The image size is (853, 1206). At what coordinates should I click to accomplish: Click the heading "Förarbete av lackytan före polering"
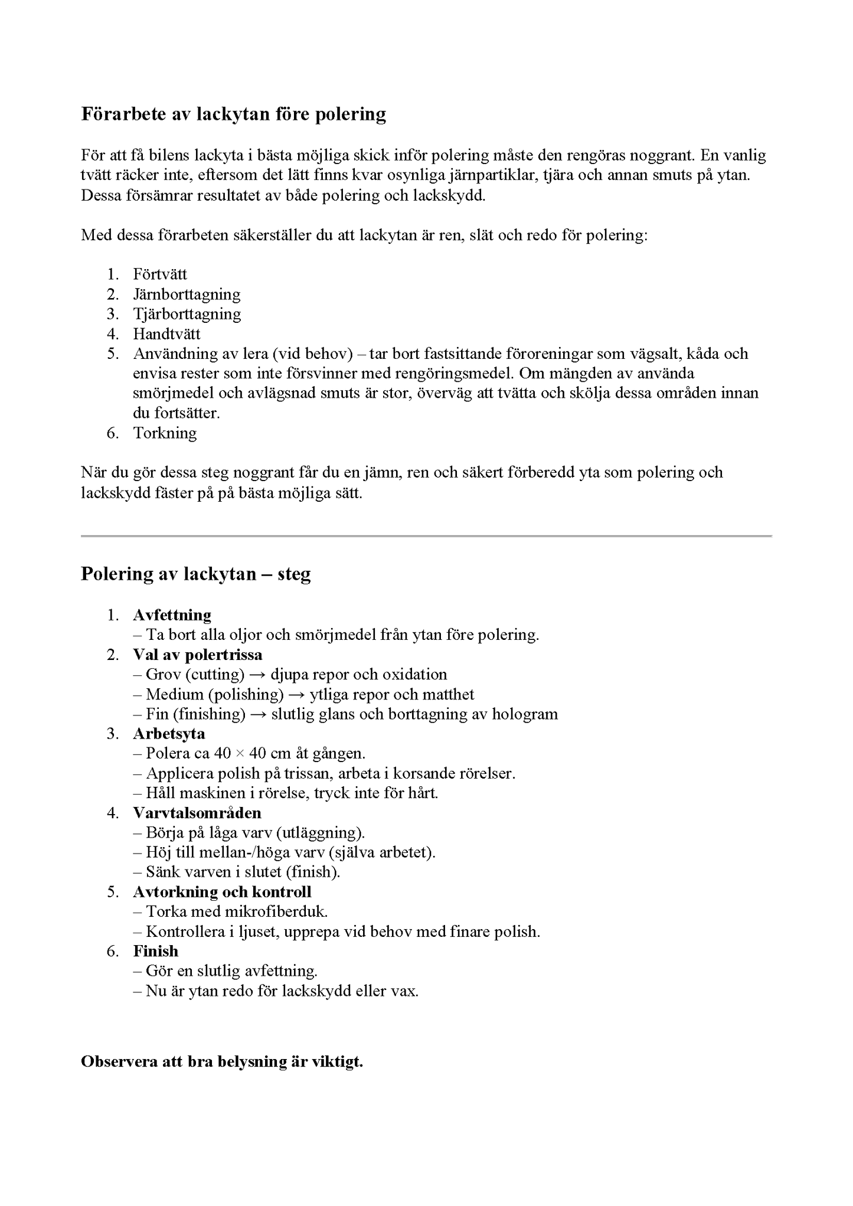[233, 113]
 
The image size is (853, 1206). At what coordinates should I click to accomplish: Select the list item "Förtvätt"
[160, 274]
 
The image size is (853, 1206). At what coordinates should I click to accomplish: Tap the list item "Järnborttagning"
[187, 294]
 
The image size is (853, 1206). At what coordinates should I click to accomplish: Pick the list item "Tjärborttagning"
[187, 314]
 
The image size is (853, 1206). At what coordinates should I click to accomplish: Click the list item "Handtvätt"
[166, 334]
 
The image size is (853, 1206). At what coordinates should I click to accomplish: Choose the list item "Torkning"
[165, 433]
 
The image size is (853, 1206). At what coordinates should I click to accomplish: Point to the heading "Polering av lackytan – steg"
[195, 574]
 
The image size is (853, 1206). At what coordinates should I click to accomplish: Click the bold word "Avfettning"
[172, 615]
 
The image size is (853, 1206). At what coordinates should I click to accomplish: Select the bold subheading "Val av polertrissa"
[198, 655]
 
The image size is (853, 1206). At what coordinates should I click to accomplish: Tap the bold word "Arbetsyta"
[169, 734]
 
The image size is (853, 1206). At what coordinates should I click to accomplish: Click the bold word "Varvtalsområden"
[197, 813]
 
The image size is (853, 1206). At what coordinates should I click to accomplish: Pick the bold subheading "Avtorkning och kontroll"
[222, 892]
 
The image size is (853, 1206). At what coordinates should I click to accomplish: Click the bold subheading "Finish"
[155, 951]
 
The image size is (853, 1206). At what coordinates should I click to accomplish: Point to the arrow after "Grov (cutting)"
[257, 675]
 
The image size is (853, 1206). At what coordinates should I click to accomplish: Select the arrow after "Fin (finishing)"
[258, 714]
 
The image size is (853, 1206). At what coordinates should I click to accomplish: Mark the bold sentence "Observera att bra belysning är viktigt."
[221, 1061]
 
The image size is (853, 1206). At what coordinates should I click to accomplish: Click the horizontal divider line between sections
[426, 536]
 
